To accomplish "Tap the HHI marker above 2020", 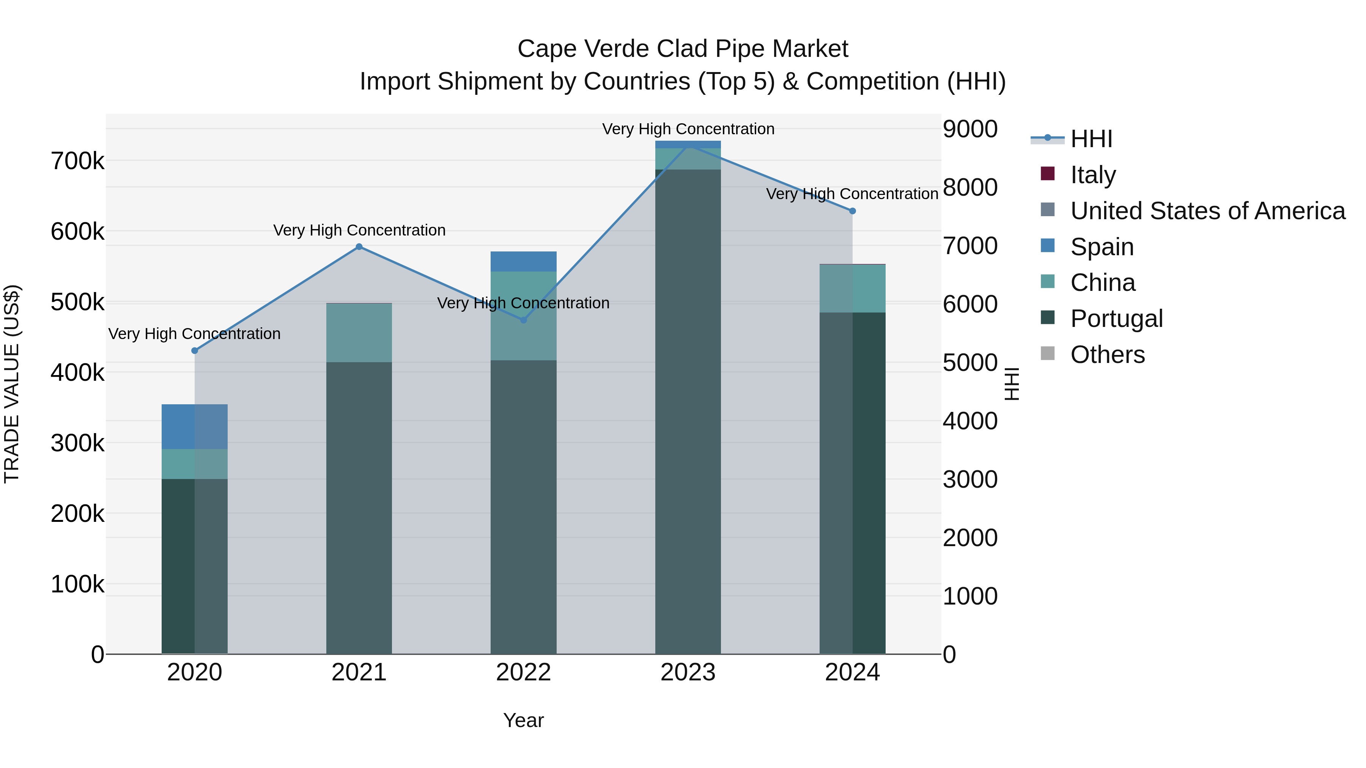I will click(x=195, y=351).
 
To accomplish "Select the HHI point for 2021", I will click(x=359, y=247).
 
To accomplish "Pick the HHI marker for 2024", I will click(x=852, y=211).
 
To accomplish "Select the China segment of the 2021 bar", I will click(x=359, y=333).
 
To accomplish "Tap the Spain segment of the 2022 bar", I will click(x=523, y=261).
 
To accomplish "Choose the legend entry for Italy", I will click(x=1092, y=174).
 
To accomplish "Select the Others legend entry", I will click(x=1107, y=354).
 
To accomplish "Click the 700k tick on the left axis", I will click(x=77, y=160).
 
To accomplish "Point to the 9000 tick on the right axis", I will click(x=970, y=129).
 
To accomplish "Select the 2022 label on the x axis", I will click(x=523, y=672).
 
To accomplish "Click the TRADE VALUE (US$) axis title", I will click(x=12, y=384).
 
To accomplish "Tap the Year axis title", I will click(x=523, y=720).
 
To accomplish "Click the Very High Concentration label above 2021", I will click(x=359, y=230).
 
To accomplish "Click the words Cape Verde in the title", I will click(x=583, y=49).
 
